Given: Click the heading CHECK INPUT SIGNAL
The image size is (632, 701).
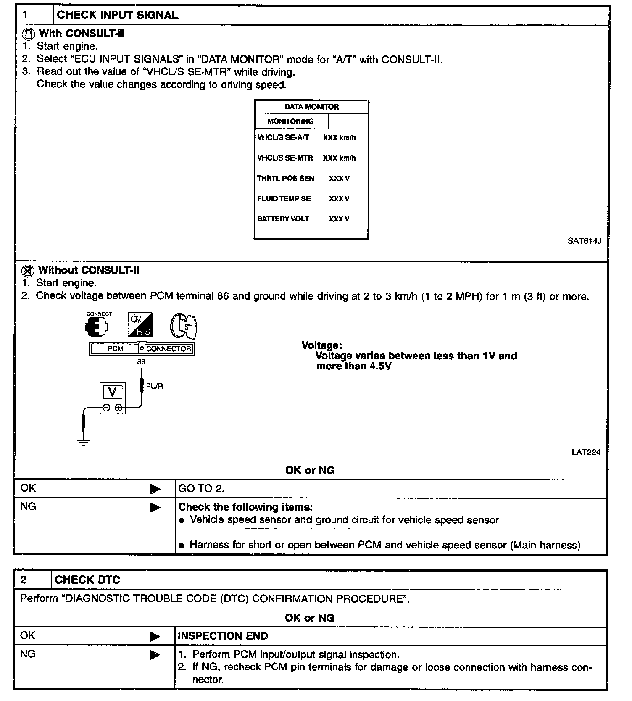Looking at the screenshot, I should click(x=117, y=15).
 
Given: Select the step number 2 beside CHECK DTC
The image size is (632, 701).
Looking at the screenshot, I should click(x=24, y=580).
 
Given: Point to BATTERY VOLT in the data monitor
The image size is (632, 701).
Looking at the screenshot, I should click(x=283, y=219).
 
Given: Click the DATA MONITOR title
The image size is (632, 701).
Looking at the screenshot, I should click(x=311, y=107).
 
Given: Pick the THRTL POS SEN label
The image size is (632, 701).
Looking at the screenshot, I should click(x=285, y=179).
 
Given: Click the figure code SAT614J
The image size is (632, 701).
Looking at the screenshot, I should click(x=584, y=241).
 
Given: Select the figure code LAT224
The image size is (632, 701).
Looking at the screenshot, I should click(x=586, y=453).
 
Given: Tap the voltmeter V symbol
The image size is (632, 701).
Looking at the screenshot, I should click(x=112, y=392).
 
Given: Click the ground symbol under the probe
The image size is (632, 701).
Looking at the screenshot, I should click(x=84, y=442).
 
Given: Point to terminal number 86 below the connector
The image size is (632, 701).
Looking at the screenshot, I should click(x=141, y=362).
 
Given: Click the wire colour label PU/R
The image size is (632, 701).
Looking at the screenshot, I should click(x=154, y=386).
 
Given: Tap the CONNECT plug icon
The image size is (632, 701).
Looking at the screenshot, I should click(x=97, y=326).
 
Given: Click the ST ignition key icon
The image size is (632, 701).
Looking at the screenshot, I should click(x=184, y=325).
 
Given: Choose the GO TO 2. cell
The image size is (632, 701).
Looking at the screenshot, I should click(x=201, y=488).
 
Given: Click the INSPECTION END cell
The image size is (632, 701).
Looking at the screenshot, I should click(x=223, y=636).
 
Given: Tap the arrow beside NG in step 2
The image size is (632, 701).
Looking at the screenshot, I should click(x=155, y=655).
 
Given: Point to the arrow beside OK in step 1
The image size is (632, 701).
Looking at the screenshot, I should click(x=155, y=489).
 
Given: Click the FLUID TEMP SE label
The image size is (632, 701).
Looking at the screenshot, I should click(x=284, y=199).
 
